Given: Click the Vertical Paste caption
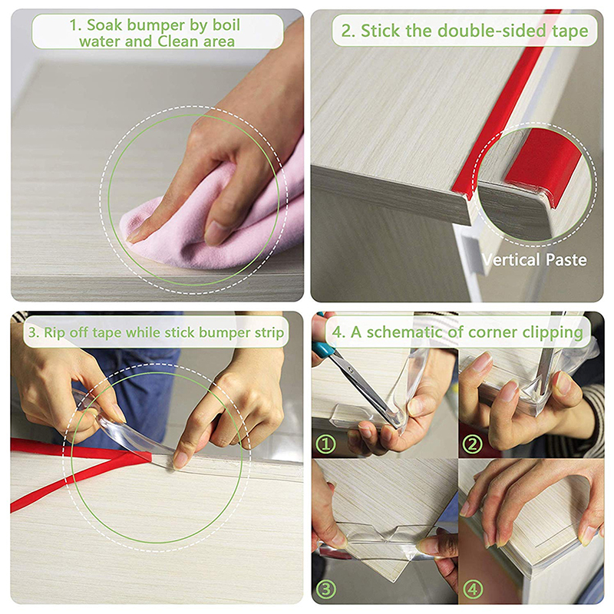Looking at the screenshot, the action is point(534,259).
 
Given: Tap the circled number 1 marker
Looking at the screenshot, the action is point(325,444).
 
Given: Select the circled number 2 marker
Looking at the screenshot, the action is point(473,444).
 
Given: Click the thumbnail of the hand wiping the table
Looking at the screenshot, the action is point(157,156).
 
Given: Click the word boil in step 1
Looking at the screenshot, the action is point(226,25).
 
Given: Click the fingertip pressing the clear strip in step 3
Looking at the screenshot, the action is point(179,461).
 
